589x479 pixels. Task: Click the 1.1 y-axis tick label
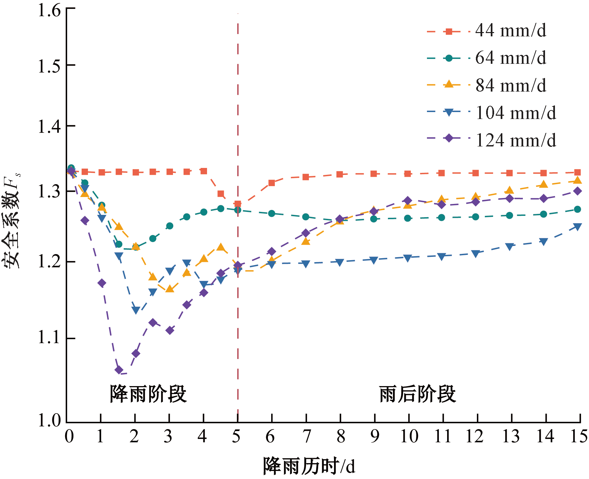[x=50, y=338]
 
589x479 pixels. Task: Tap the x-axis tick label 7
[x=307, y=436]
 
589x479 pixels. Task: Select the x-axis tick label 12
[x=475, y=436]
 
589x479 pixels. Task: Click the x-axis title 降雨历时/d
[x=309, y=466]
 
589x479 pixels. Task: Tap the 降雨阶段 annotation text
[x=148, y=394]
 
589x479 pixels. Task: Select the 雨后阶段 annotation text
[x=417, y=394]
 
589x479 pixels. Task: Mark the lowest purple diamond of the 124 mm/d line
[x=119, y=370]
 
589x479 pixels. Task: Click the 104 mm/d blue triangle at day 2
[x=136, y=310]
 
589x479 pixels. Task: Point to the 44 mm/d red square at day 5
[x=237, y=204]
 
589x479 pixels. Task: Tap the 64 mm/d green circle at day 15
[x=577, y=209]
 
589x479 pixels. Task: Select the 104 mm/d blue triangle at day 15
[x=577, y=227]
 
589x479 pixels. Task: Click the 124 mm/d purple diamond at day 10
[x=407, y=201]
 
